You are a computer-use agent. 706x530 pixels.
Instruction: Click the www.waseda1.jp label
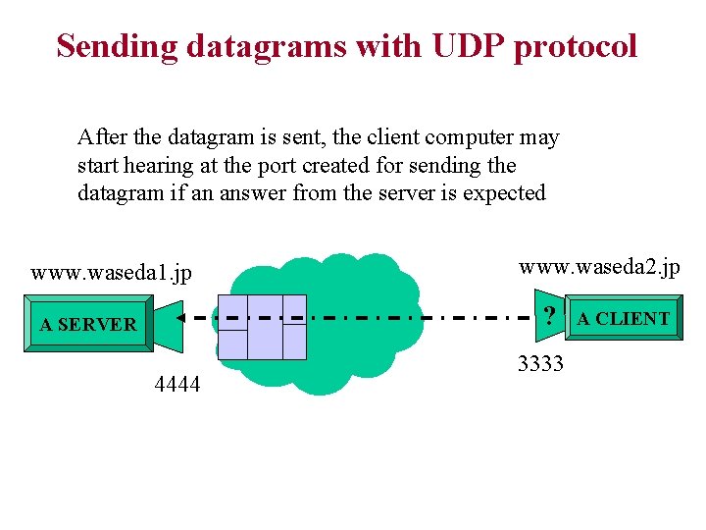111,272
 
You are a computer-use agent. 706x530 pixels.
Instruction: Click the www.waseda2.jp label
598,267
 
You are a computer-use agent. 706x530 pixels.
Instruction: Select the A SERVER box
88,324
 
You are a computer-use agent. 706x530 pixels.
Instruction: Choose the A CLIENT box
623,318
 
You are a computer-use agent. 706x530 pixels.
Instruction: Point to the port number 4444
177,385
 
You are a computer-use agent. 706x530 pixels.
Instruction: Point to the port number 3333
540,364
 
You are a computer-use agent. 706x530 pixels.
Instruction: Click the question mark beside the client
550,316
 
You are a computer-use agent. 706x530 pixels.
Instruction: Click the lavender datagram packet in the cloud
263,327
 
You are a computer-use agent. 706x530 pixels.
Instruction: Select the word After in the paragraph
101,136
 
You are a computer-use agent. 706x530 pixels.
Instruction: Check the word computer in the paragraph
476,137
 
